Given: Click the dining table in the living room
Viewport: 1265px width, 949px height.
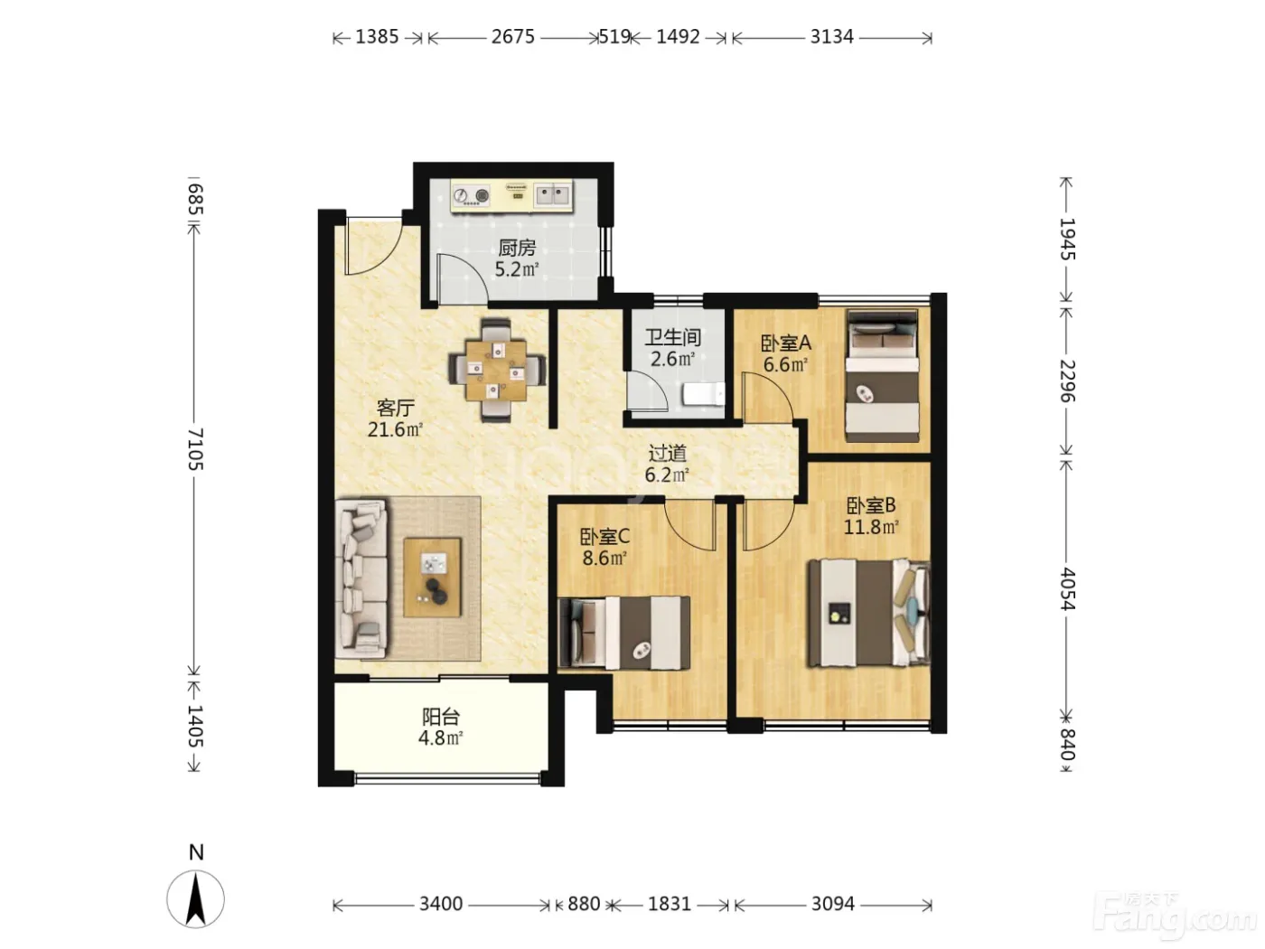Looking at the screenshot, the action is pos(496,371).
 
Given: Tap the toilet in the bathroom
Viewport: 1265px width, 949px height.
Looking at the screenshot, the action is pos(703,394).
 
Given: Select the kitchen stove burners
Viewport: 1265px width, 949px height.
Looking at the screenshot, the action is pos(471,195).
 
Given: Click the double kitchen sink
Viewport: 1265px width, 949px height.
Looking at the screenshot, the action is pos(552,193).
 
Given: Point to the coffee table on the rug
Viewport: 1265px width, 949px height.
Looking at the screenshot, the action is pos(432,578).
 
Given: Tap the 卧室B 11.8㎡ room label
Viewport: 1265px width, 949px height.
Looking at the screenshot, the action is pos(871,516).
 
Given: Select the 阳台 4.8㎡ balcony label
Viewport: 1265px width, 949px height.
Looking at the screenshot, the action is pos(441,728).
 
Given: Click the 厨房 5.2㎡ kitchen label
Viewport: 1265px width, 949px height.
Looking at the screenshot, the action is pos(517,258).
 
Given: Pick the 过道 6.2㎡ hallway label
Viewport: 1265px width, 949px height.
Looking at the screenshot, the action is pos(668,465).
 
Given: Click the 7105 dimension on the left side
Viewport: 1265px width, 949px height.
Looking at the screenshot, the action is pos(196,449).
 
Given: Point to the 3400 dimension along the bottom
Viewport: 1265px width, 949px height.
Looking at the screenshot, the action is pos(441,904).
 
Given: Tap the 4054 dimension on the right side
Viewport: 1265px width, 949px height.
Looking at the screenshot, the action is pos(1067,588).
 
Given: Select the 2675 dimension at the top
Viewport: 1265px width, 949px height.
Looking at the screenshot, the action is pos(513,37).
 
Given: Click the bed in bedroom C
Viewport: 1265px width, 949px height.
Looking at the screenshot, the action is pos(624,633).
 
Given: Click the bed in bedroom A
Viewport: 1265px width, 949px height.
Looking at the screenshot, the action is pos(882,376).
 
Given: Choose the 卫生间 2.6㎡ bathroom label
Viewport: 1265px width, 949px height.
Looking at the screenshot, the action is pos(672,348).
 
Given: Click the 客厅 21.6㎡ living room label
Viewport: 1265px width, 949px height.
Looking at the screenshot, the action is pos(396,418).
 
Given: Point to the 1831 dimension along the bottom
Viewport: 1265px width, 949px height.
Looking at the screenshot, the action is pos(670,904).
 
